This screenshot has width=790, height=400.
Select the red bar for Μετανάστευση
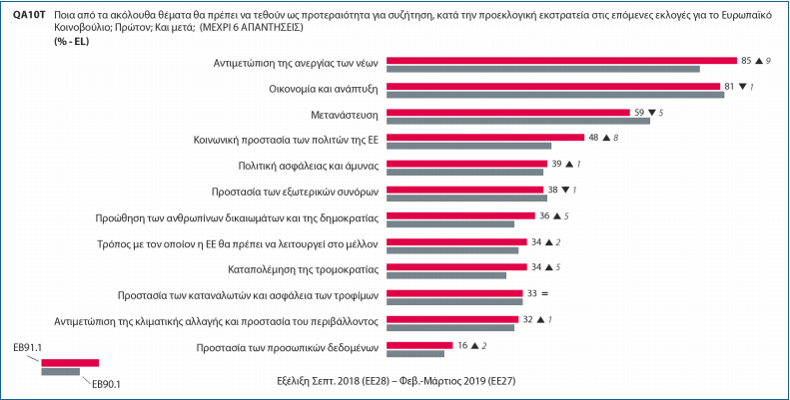pos(508,112)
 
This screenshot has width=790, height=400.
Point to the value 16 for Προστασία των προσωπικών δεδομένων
pos(461,345)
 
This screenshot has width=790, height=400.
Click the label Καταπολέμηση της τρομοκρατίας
pos(300,268)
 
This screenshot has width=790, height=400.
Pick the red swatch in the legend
pos(70,362)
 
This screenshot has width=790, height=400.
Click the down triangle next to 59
pos(651,113)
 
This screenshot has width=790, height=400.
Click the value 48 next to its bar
pos(595,138)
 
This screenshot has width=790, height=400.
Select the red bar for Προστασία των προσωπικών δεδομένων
pos(417,345)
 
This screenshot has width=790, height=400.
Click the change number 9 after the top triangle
pos(768,61)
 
